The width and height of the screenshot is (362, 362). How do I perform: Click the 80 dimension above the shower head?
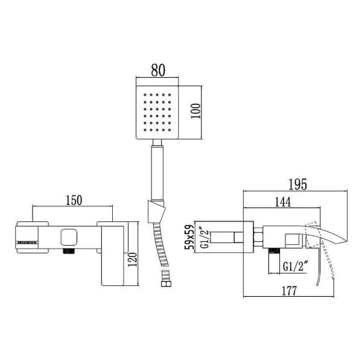coord(158,70)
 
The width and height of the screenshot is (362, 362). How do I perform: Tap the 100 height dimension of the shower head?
coord(195,111)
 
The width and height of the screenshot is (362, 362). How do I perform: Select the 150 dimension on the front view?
coord(74,200)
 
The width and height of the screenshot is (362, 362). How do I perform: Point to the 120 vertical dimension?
coord(133,260)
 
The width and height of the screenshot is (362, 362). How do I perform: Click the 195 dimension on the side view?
coord(298,184)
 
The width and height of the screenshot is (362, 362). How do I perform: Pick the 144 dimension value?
coord(283,202)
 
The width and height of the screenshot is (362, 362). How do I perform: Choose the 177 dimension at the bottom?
coord(289,291)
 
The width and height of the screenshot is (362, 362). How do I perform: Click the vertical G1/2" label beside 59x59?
coord(205,239)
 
